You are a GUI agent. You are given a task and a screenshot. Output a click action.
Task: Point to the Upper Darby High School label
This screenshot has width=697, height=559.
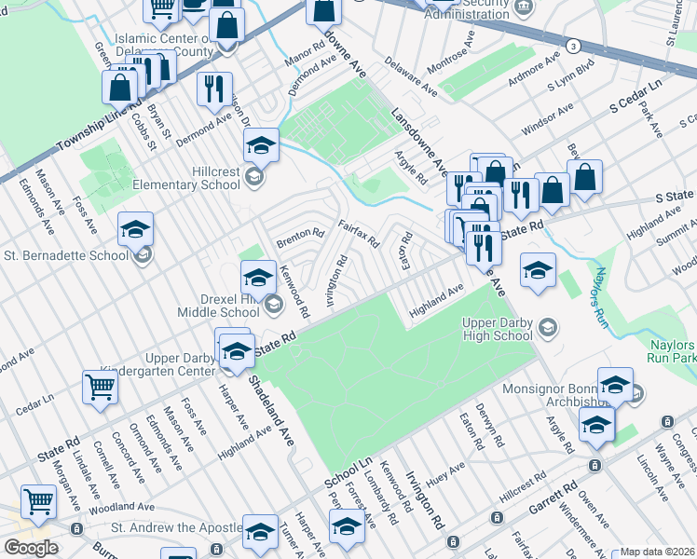pyautogui.click(x=499, y=328)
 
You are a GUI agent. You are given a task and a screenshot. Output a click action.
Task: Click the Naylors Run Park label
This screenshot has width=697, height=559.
pyautogui.click(x=671, y=350)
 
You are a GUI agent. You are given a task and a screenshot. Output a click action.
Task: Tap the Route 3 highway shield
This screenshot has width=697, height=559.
pyautogui.click(x=574, y=46)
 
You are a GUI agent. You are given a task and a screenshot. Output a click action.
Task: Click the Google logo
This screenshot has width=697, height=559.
pyautogui.click(x=31, y=547)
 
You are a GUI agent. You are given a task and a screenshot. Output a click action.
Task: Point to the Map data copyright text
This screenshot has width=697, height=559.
pyautogui.click(x=657, y=552)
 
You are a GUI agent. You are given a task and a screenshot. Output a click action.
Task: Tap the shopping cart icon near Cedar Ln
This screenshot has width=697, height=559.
pyautogui.click(x=100, y=386)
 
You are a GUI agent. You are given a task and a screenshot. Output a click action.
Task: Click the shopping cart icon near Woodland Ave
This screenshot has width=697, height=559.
pyautogui.click(x=38, y=502)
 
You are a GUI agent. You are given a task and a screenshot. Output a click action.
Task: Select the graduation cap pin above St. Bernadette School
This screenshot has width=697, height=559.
pyautogui.click(x=135, y=228)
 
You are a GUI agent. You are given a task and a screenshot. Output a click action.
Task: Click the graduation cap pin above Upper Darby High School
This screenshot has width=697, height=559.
pyautogui.click(x=537, y=270)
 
